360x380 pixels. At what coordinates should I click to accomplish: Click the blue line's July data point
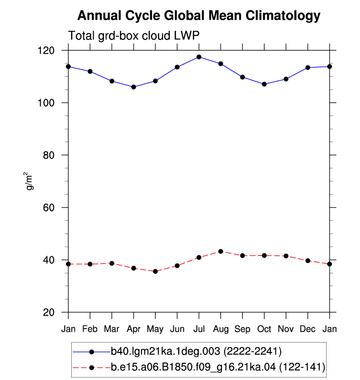pos(199,57)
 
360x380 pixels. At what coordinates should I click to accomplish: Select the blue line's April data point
pos(134,87)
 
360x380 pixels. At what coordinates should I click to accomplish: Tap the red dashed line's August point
pos(221,251)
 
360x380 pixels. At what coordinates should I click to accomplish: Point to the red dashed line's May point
pos(155,271)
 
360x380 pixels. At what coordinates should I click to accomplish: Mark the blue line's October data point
pos(264,84)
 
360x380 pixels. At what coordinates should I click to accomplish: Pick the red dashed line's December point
pos(308,261)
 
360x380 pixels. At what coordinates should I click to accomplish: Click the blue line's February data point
pos(90,71)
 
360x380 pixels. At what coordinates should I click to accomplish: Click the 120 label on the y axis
pos(46,51)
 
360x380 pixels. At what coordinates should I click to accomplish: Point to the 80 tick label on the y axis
pos(49,155)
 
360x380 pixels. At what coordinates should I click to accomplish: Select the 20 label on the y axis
pos(49,312)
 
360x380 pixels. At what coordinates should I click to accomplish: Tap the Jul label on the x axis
pos(199,329)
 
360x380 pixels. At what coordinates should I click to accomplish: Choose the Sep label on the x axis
pos(242,329)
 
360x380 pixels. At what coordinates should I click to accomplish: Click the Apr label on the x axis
pos(134,329)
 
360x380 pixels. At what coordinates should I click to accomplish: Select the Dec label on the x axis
pos(308,329)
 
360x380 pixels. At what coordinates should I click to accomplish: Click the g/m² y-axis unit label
pos(29,181)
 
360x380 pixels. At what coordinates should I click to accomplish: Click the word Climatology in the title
pos(283,16)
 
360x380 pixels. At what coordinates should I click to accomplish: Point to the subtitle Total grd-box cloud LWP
pos(134,36)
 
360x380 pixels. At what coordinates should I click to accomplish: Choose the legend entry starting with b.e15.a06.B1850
pos(218,367)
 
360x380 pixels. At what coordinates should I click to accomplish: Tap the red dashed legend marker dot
pos(91,368)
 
